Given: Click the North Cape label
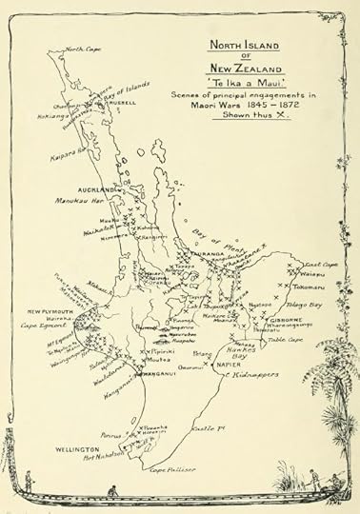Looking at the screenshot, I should point(84,49).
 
